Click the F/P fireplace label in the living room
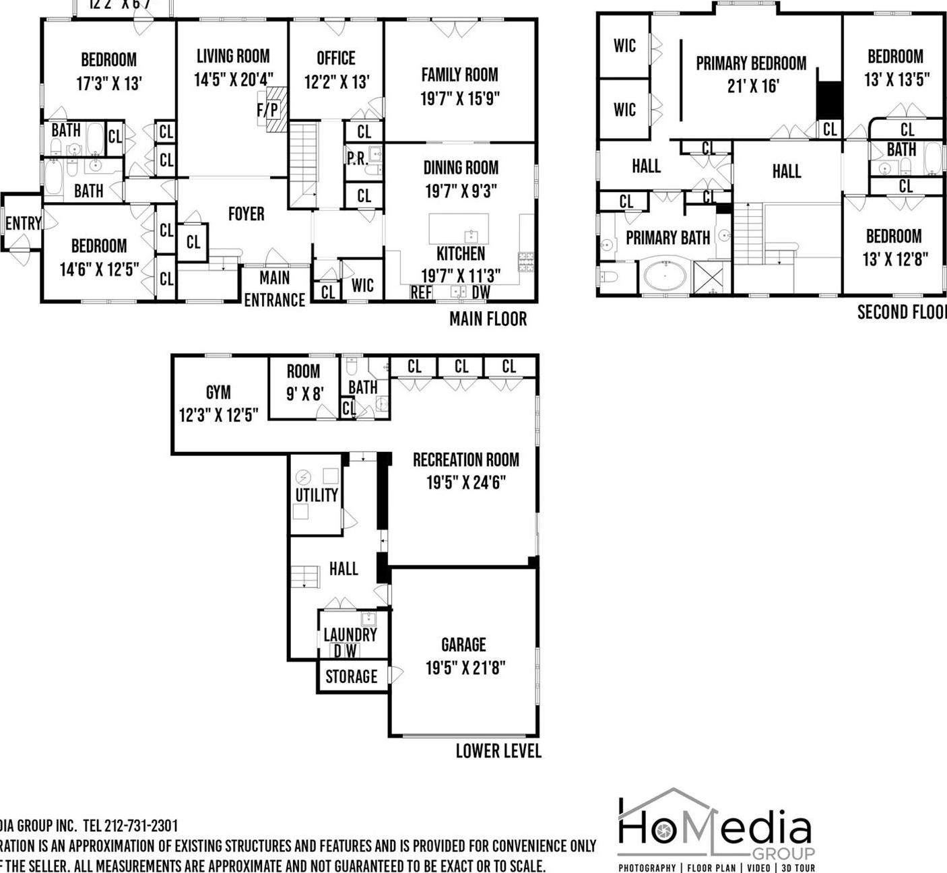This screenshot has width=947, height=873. pyautogui.click(x=267, y=110)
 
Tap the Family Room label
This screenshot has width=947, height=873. pyautogui.click(x=459, y=75)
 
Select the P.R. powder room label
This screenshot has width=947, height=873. pyautogui.click(x=356, y=159)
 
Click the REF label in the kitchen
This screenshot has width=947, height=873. pyautogui.click(x=421, y=292)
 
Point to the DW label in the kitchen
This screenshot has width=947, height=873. pyautogui.click(x=481, y=292)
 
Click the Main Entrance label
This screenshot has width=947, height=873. pyautogui.click(x=274, y=288)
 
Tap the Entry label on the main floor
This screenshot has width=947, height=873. pyautogui.click(x=23, y=223)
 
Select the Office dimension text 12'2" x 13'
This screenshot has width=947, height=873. pyautogui.click(x=336, y=82)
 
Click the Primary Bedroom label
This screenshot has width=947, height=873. pyautogui.click(x=751, y=63)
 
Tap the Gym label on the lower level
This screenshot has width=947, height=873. pyautogui.click(x=218, y=392)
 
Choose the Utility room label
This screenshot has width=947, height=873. pyautogui.click(x=317, y=495)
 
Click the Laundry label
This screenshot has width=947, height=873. pyautogui.click(x=350, y=635)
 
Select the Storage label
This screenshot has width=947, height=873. pyautogui.click(x=351, y=676)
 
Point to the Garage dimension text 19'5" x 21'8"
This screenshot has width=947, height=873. pyautogui.click(x=465, y=668)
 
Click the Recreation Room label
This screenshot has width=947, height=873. pyautogui.click(x=465, y=460)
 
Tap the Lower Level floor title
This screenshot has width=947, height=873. pyautogui.click(x=498, y=751)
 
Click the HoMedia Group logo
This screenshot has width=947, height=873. pyautogui.click(x=715, y=829)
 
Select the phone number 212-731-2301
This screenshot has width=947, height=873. pyautogui.click(x=141, y=826)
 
